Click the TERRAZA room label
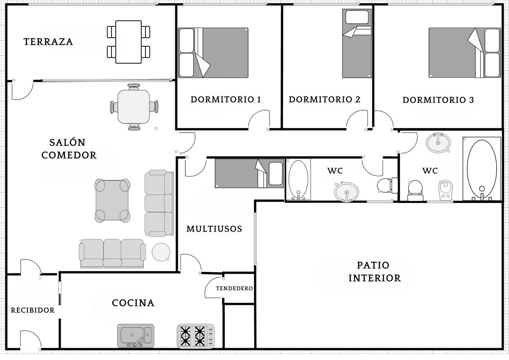48,42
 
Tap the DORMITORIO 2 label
324,100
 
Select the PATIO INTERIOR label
375,272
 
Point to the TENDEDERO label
234,288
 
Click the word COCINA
133,303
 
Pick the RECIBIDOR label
33,310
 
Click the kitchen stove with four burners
196,336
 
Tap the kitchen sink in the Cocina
136,336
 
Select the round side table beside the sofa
161,252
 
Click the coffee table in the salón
112,200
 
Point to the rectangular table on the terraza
129,42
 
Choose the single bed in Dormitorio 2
357,43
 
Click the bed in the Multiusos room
249,173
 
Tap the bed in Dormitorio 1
213,53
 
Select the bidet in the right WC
445,191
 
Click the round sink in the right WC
438,143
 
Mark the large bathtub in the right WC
482,169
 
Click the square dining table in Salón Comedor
134,107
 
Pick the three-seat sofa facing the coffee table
159,203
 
